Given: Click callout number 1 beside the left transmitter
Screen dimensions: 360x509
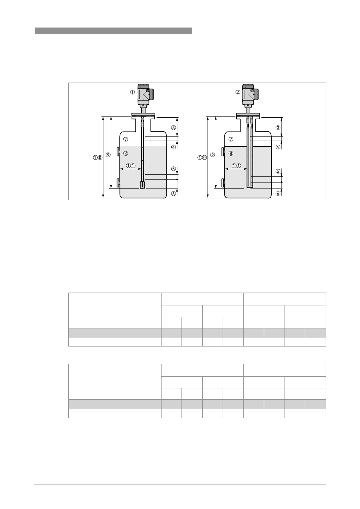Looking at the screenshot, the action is (132, 92).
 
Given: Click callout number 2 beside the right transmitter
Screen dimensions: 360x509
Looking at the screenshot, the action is (238, 92).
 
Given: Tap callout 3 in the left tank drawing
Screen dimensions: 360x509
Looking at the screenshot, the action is (174, 128).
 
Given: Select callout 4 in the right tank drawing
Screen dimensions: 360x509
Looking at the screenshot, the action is (278, 147).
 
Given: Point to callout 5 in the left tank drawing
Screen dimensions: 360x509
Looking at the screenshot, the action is (174, 169).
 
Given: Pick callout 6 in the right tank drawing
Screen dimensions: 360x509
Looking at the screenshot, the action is (278, 193).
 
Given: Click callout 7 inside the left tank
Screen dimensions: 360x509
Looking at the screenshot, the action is (126, 139).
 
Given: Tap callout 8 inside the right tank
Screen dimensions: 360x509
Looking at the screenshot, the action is (231, 153).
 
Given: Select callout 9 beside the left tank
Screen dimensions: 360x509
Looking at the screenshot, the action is (108, 155).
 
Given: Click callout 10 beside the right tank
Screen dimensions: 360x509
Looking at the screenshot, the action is (202, 158).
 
